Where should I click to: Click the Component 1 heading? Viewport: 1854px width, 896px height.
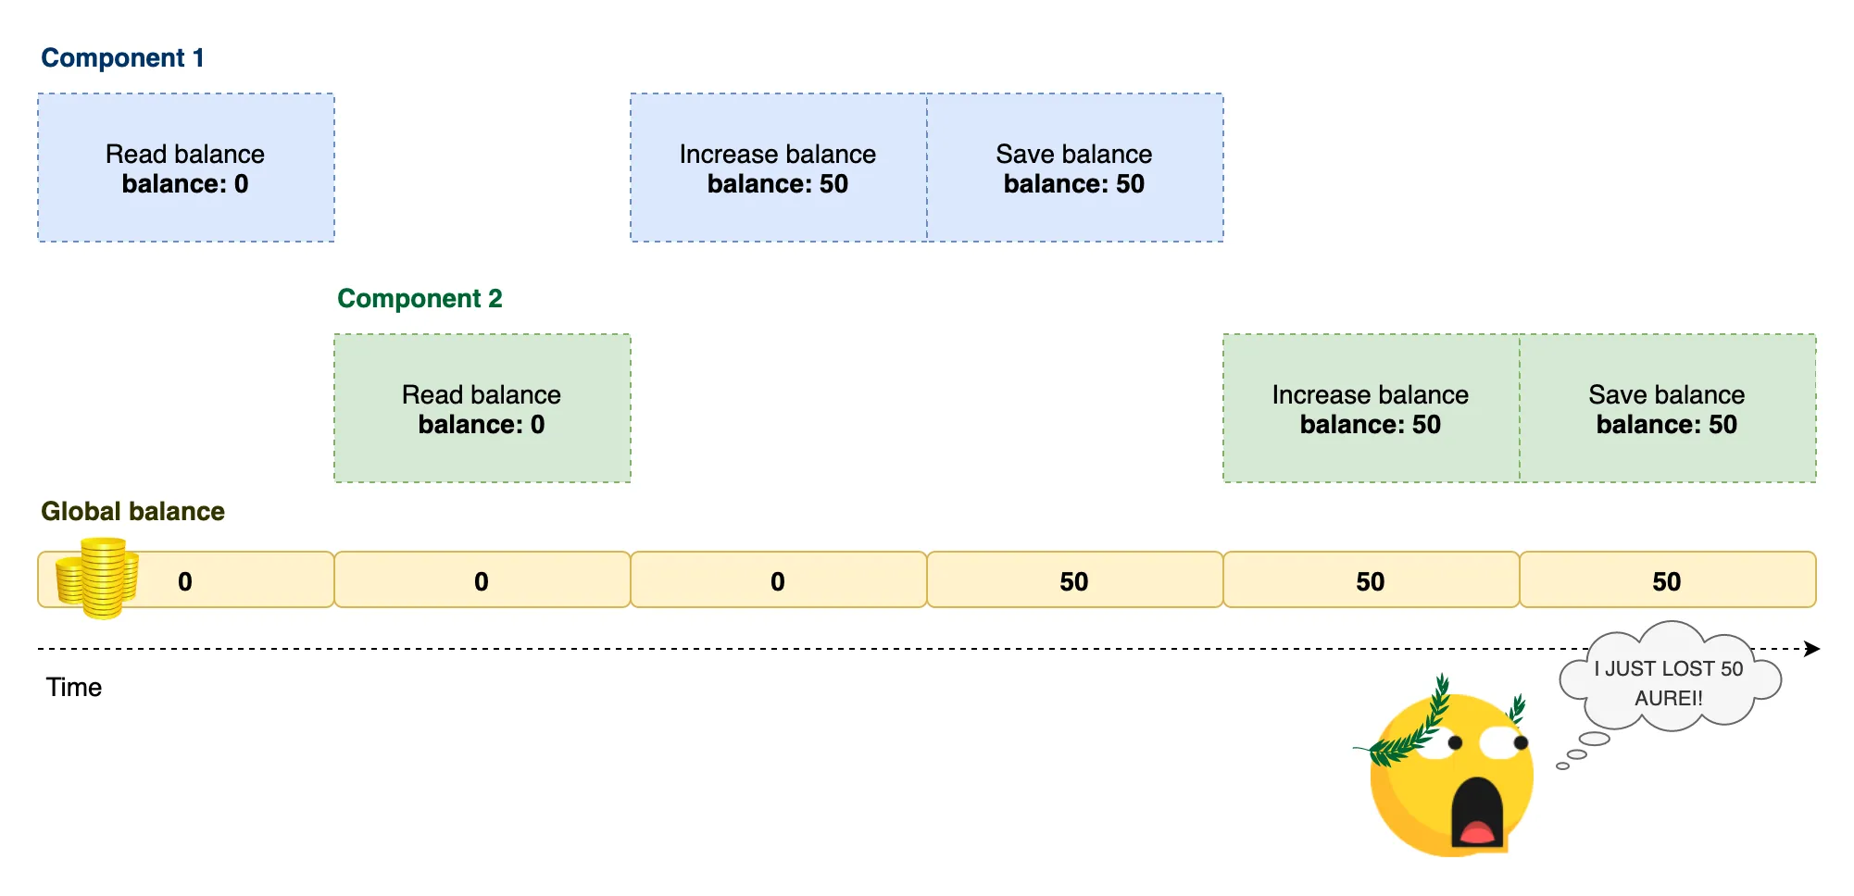point(122,57)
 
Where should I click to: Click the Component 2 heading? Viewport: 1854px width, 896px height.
point(420,298)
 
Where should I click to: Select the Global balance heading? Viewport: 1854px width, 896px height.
point(132,511)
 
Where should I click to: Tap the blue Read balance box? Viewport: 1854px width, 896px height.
point(185,168)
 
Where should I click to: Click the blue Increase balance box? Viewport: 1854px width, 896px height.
point(778,168)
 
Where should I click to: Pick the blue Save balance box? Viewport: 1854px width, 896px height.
point(1074,168)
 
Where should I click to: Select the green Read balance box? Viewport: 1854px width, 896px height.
point(482,408)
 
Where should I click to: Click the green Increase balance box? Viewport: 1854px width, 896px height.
point(1371,408)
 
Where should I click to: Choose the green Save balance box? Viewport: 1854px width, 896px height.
point(1667,408)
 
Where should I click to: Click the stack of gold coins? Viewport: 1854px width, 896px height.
point(97,579)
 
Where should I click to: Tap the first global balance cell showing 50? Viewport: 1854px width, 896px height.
point(1074,580)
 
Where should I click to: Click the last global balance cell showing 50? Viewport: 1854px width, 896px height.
point(1667,580)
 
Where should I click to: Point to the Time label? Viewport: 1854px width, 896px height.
point(74,687)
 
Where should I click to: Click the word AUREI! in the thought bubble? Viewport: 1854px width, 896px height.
point(1669,698)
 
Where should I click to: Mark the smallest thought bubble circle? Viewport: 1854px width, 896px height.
point(1562,765)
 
